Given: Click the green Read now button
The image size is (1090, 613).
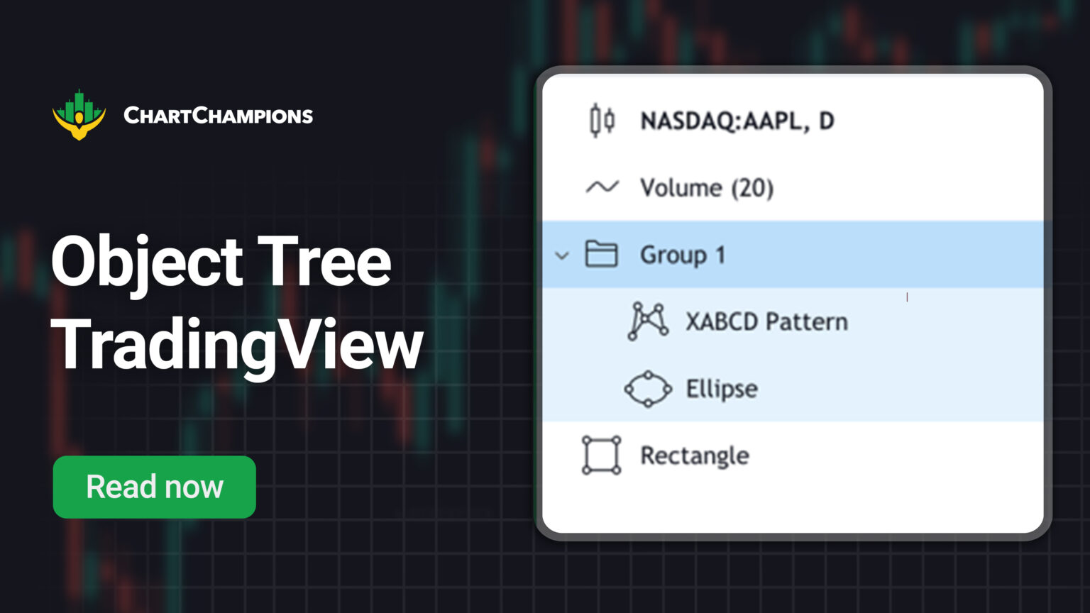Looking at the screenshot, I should (x=154, y=487).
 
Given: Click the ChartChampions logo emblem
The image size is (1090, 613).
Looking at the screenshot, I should (x=79, y=115).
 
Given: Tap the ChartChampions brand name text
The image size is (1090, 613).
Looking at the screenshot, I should (x=218, y=116).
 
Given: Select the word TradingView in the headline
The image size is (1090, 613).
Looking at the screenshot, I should (x=237, y=346).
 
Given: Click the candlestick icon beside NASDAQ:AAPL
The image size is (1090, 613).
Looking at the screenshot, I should (x=602, y=121).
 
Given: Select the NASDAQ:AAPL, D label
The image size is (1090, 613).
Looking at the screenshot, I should (x=737, y=121).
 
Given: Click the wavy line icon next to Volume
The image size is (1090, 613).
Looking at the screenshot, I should (x=602, y=187).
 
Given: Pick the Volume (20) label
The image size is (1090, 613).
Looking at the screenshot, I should (x=707, y=188).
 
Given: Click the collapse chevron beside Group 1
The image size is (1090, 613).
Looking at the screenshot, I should (x=562, y=255).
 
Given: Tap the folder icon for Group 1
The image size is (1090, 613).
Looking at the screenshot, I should (x=601, y=254).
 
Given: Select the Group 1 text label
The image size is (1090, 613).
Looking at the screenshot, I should (x=682, y=255).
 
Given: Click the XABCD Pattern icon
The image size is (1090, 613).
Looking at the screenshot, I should (x=647, y=321).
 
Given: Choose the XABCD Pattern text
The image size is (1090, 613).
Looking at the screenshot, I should (x=766, y=321).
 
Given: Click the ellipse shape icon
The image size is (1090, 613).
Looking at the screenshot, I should (x=647, y=389).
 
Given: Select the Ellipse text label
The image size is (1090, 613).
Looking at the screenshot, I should (x=722, y=389).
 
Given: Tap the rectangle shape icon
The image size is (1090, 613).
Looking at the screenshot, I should (x=601, y=455).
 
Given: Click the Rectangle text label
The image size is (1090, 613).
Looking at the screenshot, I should (x=694, y=455).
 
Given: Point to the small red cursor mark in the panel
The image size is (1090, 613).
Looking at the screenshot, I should (x=907, y=297).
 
